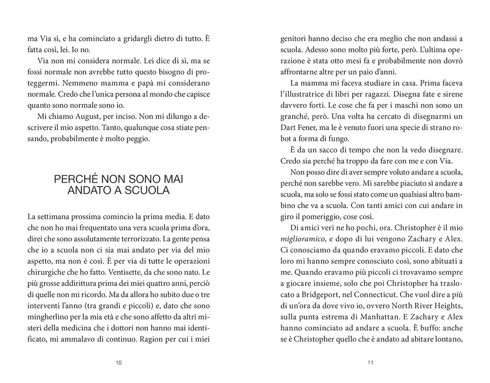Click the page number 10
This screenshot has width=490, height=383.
[119, 363]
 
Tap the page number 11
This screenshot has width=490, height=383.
[370, 363]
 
